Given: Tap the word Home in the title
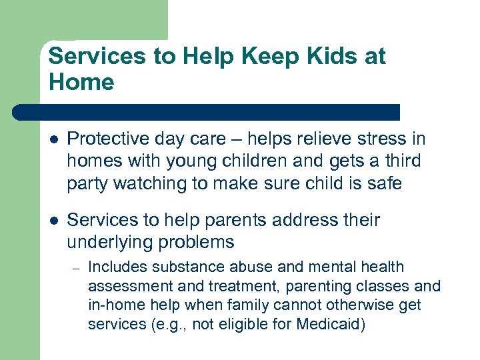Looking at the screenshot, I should pyautogui.click(x=81, y=83).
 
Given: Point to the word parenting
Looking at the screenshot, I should pyautogui.click(x=316, y=287).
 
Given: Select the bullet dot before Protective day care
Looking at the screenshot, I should pyautogui.click(x=53, y=139).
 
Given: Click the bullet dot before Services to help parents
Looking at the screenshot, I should pyautogui.click(x=53, y=220).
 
